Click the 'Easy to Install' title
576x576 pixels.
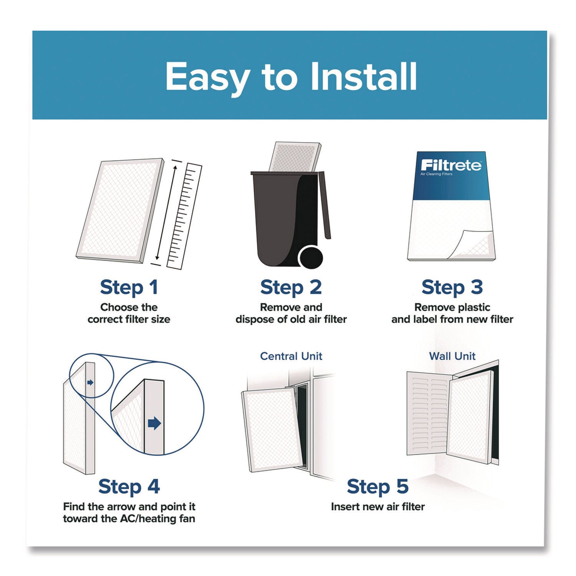click(x=291, y=77)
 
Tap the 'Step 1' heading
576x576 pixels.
click(x=129, y=288)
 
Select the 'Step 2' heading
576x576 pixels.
click(x=291, y=288)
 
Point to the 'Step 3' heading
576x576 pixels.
click(x=452, y=288)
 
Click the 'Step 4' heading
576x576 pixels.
click(x=129, y=487)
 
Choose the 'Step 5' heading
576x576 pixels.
click(x=377, y=487)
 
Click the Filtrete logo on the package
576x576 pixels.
click(x=451, y=166)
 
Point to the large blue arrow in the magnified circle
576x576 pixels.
click(x=154, y=424)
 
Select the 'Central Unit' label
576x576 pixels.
click(x=291, y=356)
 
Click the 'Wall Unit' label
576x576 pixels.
click(x=452, y=356)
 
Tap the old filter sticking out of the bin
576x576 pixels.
click(x=295, y=157)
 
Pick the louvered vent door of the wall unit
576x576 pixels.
click(x=429, y=415)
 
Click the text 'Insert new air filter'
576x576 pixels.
click(x=378, y=507)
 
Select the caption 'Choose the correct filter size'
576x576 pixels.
click(x=129, y=313)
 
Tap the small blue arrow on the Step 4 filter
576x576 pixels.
click(x=90, y=382)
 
